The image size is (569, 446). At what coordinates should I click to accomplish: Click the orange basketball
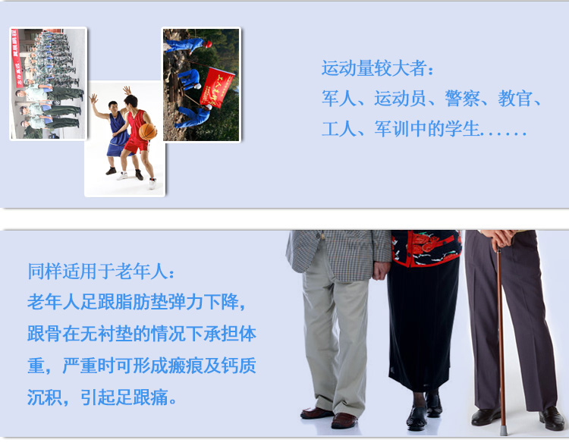(148, 132)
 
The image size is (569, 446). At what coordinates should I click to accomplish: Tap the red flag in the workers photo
(217, 88)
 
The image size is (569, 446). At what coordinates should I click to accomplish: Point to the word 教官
(515, 99)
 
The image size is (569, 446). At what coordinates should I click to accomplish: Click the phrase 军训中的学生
(426, 129)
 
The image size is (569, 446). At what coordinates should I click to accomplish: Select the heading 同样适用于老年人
(97, 271)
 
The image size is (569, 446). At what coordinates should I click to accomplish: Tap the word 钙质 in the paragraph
(238, 366)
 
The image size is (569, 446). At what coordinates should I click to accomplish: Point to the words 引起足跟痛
(124, 397)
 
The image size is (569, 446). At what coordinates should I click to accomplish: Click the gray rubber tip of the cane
(503, 431)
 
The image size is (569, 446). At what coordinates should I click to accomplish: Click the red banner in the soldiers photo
(17, 58)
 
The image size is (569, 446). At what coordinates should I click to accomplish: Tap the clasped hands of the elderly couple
(381, 270)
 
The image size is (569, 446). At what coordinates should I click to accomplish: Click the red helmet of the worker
(208, 44)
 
